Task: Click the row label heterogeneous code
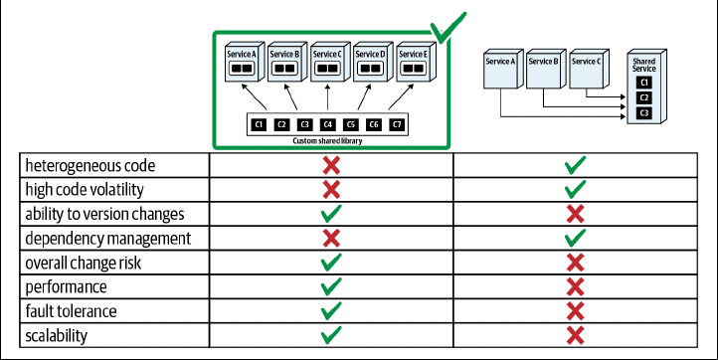pyautogui.click(x=90, y=165)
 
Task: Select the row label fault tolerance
pyautogui.click(x=71, y=311)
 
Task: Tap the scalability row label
pyautogui.click(x=57, y=336)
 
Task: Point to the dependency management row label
pyautogui.click(x=108, y=239)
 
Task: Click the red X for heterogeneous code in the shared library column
pyautogui.click(x=331, y=165)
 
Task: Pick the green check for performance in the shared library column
pyautogui.click(x=331, y=286)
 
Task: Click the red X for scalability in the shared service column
pyautogui.click(x=575, y=336)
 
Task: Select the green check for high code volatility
pyautogui.click(x=575, y=189)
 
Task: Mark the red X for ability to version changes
pyautogui.click(x=575, y=214)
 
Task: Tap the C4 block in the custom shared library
pyautogui.click(x=327, y=124)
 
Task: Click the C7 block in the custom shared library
pyautogui.click(x=397, y=124)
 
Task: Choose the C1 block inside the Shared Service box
pyautogui.click(x=644, y=83)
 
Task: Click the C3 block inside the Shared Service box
pyautogui.click(x=644, y=113)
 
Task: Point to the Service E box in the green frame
pyautogui.click(x=417, y=62)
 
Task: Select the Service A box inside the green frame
pyautogui.click(x=245, y=62)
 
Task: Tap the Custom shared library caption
pyautogui.click(x=327, y=141)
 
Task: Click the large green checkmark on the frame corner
pyautogui.click(x=447, y=29)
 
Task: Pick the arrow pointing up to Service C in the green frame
pyautogui.click(x=327, y=97)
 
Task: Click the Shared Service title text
pyautogui.click(x=644, y=65)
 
